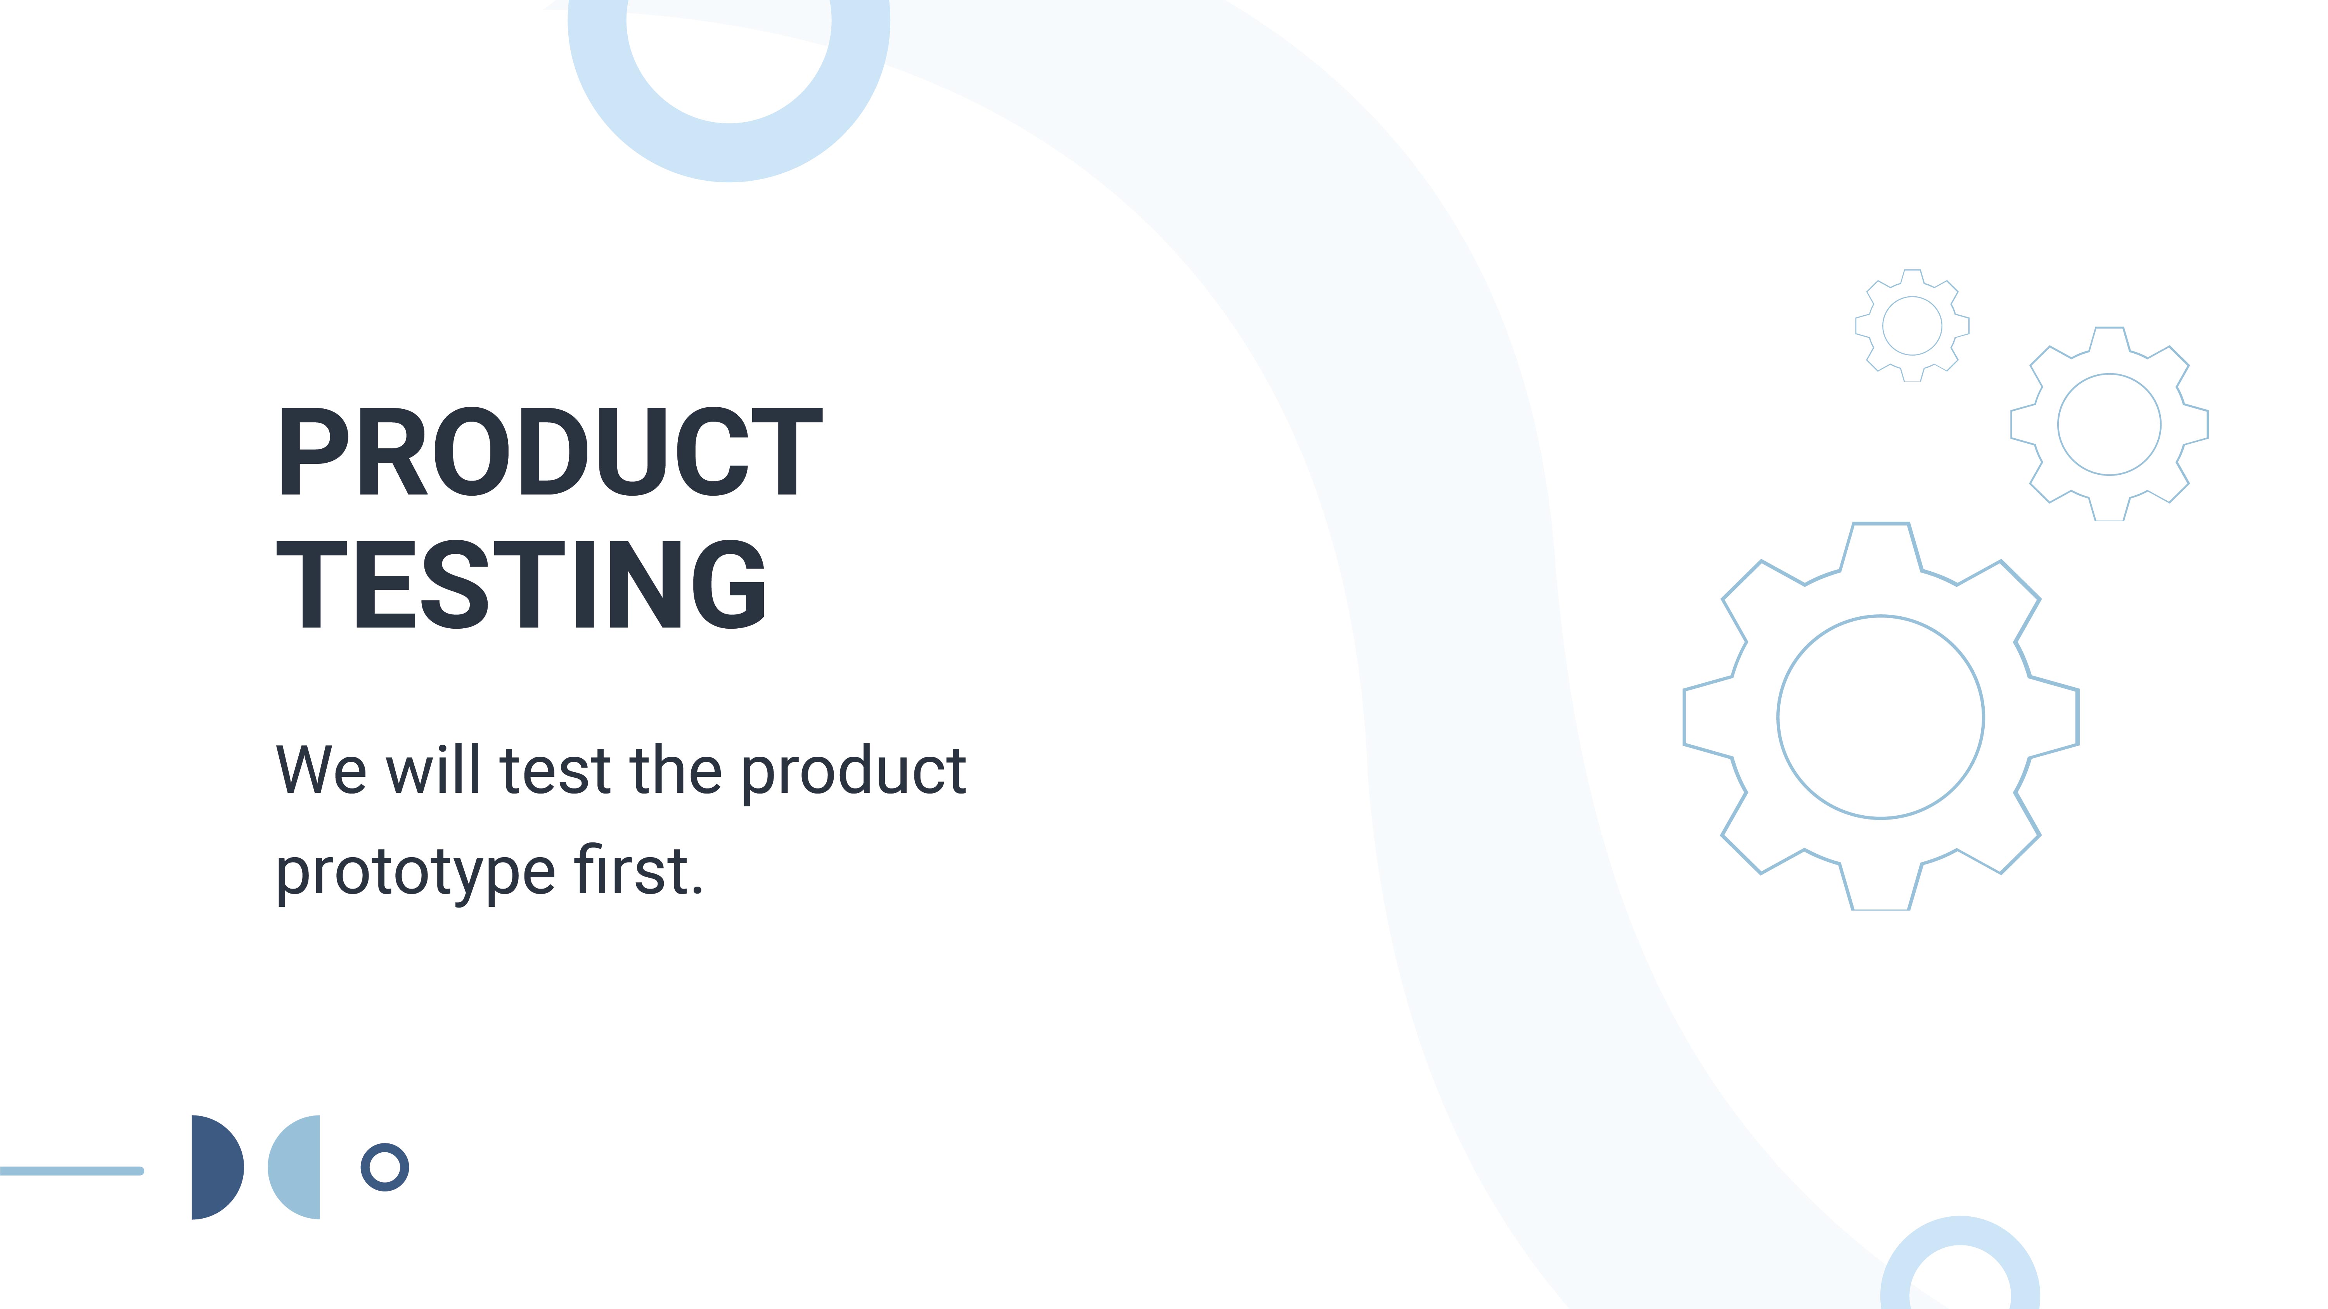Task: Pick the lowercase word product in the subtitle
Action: pos(854,772)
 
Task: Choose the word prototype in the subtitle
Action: pos(416,873)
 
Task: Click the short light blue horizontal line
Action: pos(72,1171)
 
